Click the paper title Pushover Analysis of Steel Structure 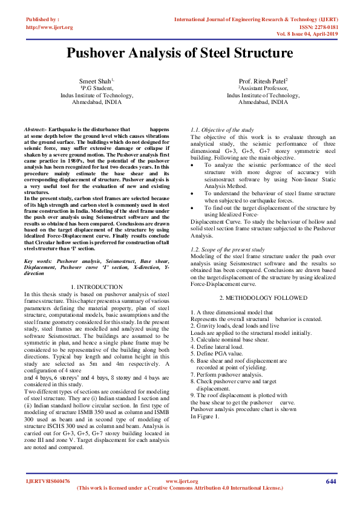point(180,53)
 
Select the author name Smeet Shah point(96,81)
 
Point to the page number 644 point(330,481)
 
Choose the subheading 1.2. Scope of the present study point(227,249)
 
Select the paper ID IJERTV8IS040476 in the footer point(48,481)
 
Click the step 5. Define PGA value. point(217,354)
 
